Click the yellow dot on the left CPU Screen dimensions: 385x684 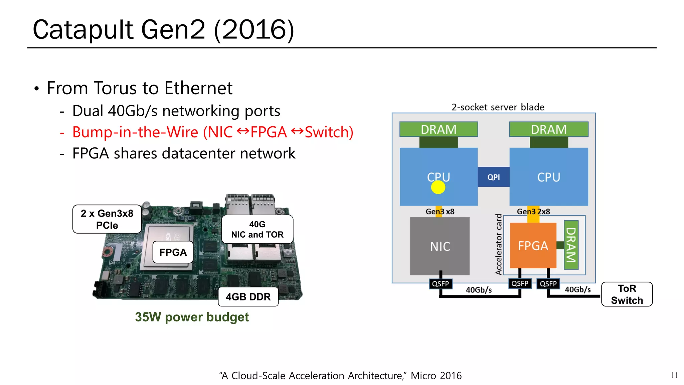(x=438, y=187)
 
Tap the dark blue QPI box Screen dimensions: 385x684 (x=493, y=177)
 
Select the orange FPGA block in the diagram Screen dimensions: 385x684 (x=533, y=246)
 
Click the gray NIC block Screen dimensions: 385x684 (x=440, y=246)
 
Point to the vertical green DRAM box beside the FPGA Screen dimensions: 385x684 (x=571, y=245)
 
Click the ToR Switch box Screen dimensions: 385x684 (x=627, y=294)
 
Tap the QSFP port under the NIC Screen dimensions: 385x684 (x=440, y=284)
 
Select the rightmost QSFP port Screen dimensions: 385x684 (x=548, y=284)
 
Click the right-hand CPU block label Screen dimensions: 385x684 (x=548, y=177)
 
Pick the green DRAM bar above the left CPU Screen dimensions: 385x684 (x=439, y=129)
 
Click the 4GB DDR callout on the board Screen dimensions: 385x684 (x=248, y=297)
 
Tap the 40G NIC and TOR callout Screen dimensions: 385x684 (x=257, y=229)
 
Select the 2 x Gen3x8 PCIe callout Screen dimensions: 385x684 (x=107, y=219)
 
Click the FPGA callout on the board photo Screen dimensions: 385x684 (x=173, y=252)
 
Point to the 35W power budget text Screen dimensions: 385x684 (x=192, y=317)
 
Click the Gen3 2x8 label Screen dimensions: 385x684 (x=533, y=212)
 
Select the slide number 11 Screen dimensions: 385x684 (x=674, y=375)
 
